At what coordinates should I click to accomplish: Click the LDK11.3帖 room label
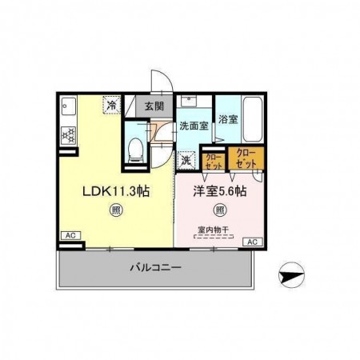pos(116,192)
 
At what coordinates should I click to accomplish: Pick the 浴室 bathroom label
pos(228,119)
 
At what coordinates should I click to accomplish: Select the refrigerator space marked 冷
pos(112,104)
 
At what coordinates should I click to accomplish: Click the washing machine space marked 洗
pos(185,159)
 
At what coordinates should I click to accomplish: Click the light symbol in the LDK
pos(116,211)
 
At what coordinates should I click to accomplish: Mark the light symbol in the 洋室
pos(218,211)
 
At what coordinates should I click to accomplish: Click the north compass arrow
pos(293,277)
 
